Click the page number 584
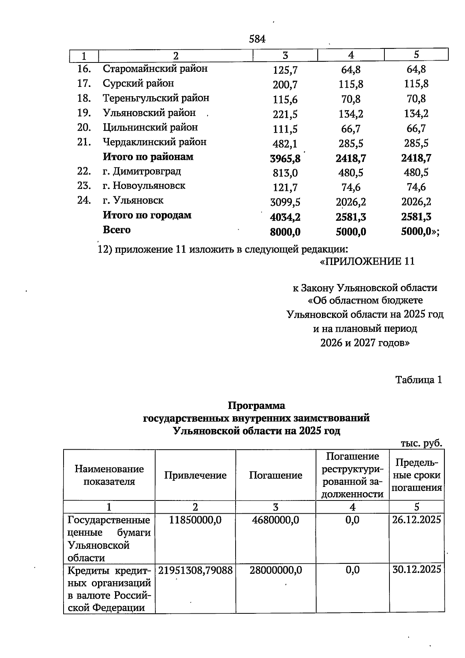(257, 39)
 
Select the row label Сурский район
(138, 83)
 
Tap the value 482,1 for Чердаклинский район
(285, 144)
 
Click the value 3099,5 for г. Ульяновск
(285, 202)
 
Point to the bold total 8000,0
(285, 232)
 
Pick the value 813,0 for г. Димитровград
(285, 173)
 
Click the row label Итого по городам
(147, 215)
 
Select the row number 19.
(84, 113)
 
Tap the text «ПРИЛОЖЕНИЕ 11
(367, 261)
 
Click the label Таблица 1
(418, 380)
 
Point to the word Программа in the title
(256, 406)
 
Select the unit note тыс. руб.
(421, 443)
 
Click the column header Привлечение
(195, 475)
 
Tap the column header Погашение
(276, 475)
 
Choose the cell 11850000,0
(195, 520)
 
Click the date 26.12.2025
(416, 520)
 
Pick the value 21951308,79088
(195, 570)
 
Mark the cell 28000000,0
(276, 570)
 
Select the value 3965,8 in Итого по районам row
(285, 158)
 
